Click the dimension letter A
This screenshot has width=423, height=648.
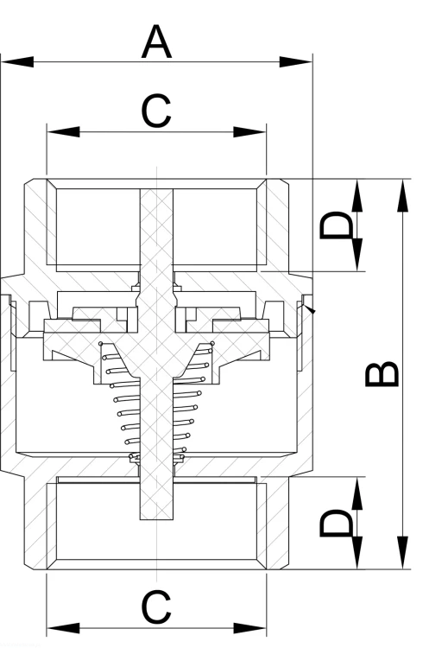[x=156, y=41]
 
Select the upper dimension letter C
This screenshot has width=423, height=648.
[x=155, y=111]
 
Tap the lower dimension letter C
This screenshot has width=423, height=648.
[x=155, y=607]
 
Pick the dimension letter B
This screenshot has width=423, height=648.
[x=382, y=374]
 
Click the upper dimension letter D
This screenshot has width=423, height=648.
[x=337, y=225]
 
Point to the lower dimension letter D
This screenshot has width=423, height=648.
[x=337, y=523]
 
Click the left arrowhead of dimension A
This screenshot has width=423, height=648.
[x=17, y=62]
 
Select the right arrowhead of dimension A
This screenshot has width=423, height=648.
[x=296, y=62]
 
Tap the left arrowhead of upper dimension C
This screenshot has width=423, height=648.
[x=64, y=132]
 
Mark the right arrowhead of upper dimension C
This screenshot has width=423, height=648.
[x=249, y=132]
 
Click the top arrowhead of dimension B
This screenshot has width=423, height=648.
[x=403, y=195]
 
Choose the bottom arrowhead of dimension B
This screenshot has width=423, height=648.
[x=403, y=553]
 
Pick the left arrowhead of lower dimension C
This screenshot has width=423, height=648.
[x=64, y=628]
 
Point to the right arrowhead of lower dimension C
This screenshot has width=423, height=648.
[x=249, y=628]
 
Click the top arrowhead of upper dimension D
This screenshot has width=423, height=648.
[x=357, y=195]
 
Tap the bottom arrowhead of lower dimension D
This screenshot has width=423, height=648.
[x=357, y=553]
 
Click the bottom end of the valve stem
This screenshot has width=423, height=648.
[x=156, y=518]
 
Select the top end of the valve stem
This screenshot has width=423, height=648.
[x=156, y=190]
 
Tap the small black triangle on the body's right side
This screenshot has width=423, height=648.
[x=309, y=308]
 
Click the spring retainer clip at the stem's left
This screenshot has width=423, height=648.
[x=135, y=457]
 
